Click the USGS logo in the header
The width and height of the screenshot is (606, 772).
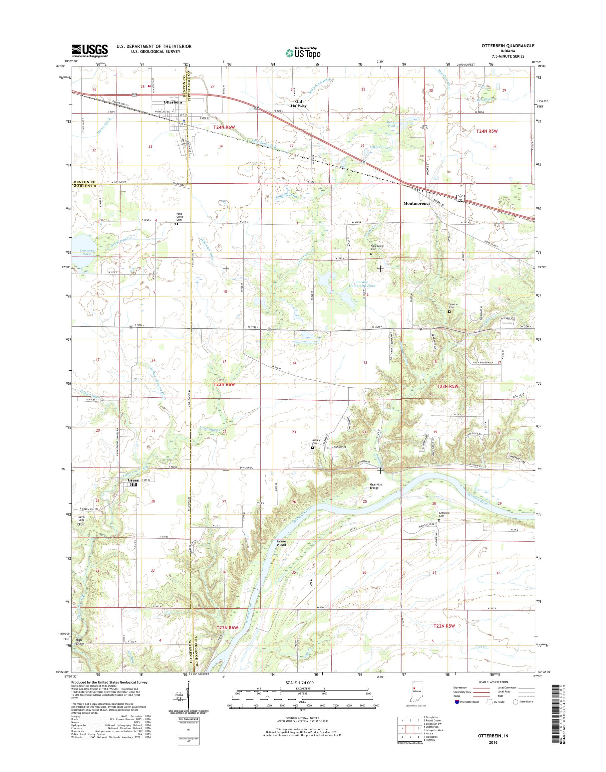pyautogui.click(x=90, y=51)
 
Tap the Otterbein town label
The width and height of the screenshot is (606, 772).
pyautogui.click(x=173, y=102)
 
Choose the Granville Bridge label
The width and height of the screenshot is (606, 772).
pyautogui.click(x=374, y=486)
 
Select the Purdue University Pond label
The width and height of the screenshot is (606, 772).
pyautogui.click(x=361, y=283)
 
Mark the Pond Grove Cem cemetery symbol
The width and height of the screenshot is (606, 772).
pyautogui.click(x=176, y=224)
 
